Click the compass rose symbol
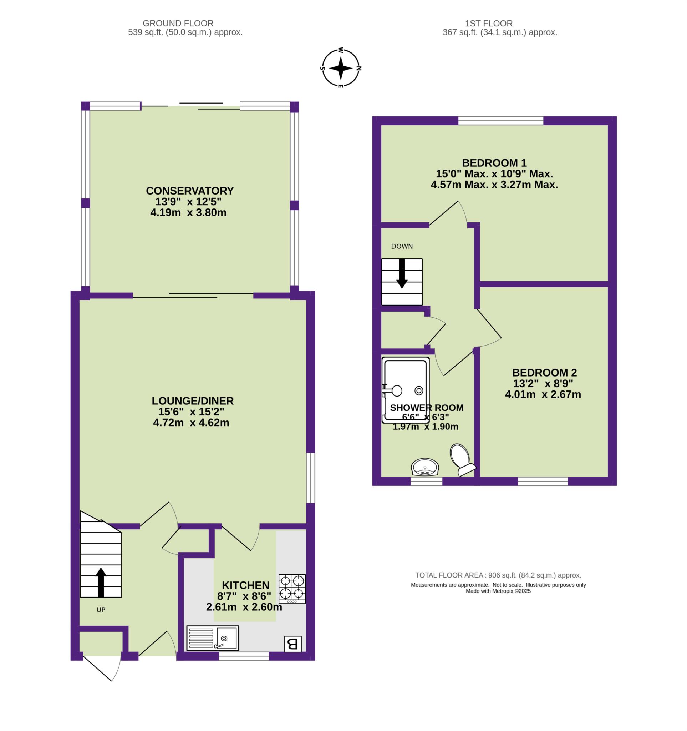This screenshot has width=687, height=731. point(341,69)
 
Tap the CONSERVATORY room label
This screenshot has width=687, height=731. point(190,191)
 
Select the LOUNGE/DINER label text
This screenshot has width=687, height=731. point(193,401)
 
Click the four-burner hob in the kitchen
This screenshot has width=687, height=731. point(292,589)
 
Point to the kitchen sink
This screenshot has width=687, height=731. point(213,638)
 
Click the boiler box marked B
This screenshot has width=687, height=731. point(293,644)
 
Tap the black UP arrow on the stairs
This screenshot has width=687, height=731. point(101,582)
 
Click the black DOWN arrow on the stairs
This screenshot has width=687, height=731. point(402,273)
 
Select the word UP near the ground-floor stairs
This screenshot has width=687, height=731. point(101,610)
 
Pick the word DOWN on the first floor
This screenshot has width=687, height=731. point(402,246)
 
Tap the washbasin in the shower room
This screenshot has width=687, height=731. point(425,467)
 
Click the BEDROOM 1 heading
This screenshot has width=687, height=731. point(494,162)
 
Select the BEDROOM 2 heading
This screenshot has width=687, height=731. point(544,373)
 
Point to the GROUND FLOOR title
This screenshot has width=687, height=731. point(178,24)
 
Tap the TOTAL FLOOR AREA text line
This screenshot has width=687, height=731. point(498,575)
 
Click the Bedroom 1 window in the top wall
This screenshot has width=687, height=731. point(501,121)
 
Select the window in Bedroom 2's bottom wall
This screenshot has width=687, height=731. point(543,481)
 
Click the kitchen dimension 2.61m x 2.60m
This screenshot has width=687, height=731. point(244,607)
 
